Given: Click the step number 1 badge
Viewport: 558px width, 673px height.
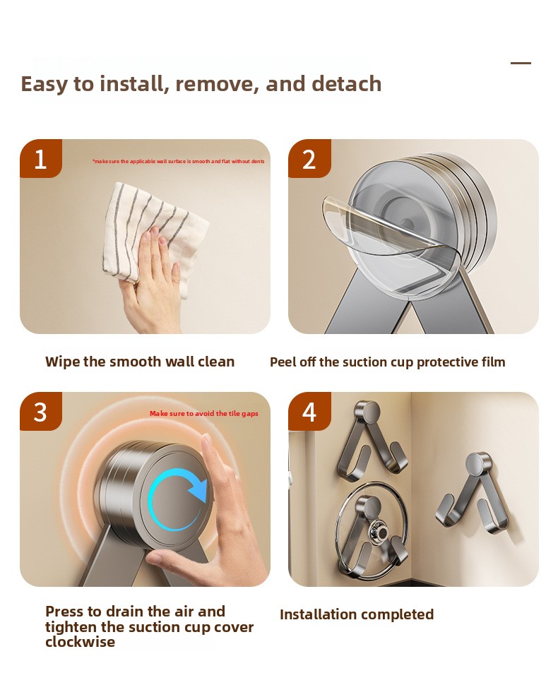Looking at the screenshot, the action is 41,158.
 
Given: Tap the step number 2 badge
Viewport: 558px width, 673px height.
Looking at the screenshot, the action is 309,158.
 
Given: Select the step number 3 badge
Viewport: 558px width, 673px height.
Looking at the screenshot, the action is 41,411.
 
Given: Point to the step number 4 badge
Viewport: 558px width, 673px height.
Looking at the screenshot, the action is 309,411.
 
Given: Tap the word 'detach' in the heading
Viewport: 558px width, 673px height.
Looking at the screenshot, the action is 346,83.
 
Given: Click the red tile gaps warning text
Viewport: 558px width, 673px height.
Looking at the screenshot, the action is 204,413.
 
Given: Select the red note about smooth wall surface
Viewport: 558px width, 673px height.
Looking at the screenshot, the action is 179,162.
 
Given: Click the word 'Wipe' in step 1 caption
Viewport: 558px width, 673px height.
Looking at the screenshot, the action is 62,362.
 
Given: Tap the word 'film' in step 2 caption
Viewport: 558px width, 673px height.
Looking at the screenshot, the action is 493,362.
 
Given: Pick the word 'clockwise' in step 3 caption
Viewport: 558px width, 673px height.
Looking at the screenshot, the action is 81,642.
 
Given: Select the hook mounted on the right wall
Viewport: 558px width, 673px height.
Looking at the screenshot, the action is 472,494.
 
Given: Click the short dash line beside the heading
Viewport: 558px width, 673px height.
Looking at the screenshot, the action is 521,63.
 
